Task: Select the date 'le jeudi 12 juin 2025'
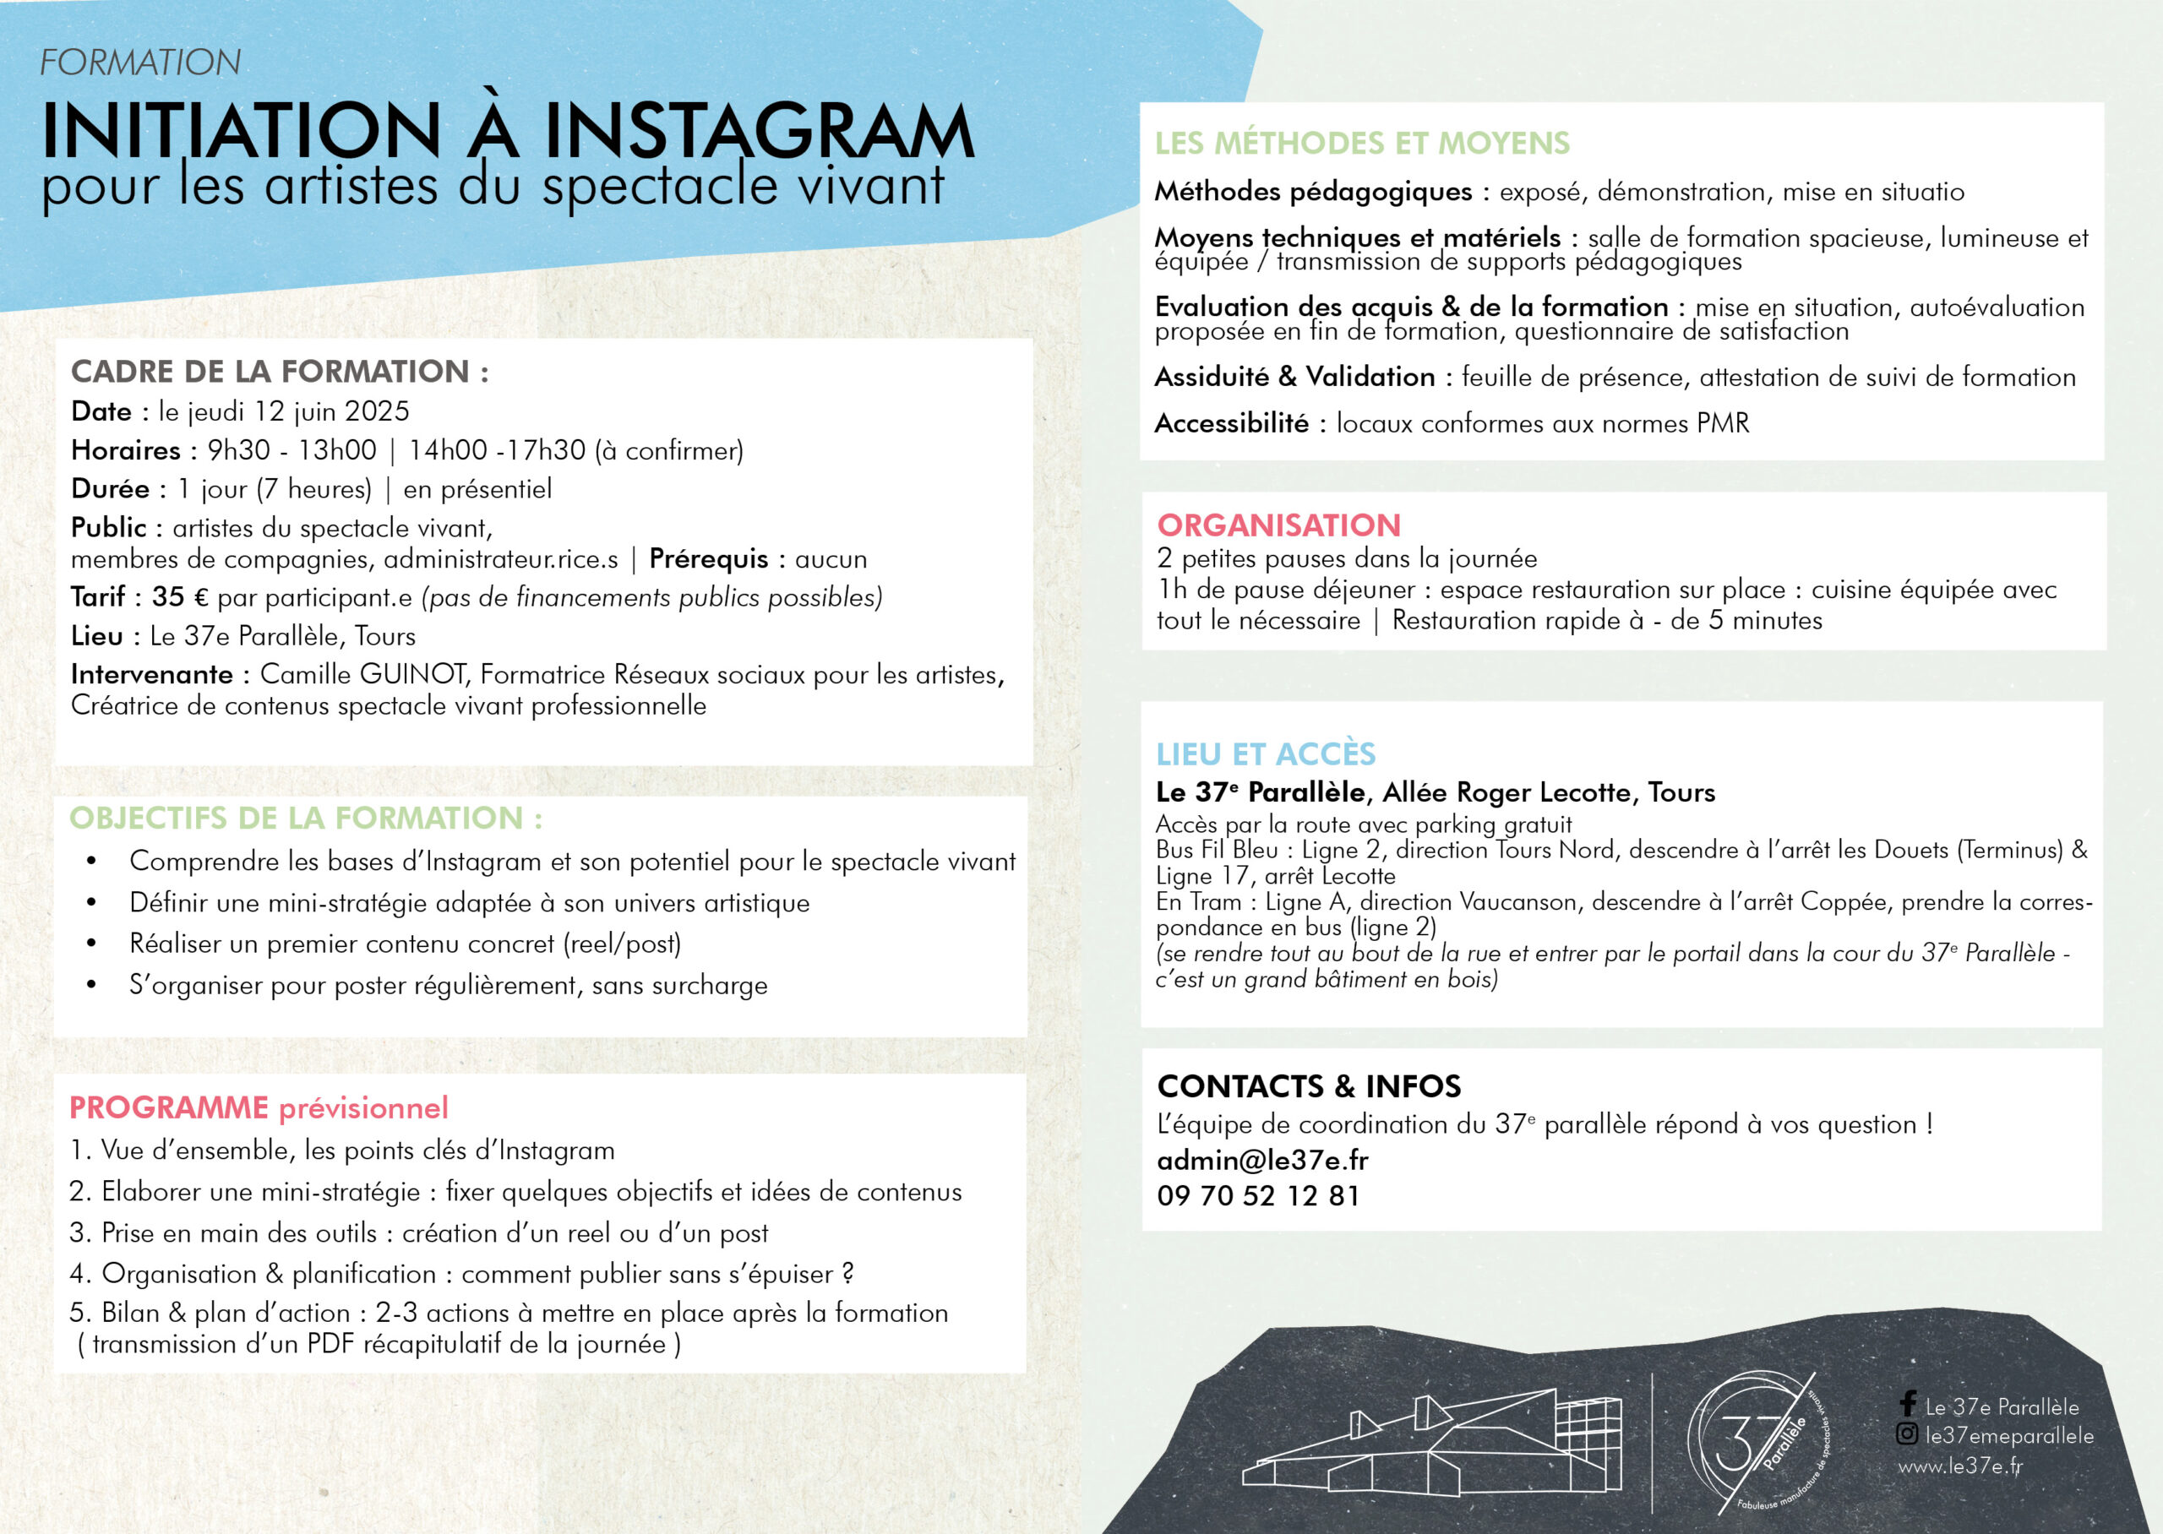pyautogui.click(x=284, y=412)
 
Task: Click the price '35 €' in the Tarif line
pyautogui.click(x=181, y=597)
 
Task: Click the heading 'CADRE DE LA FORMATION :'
pyautogui.click(x=280, y=371)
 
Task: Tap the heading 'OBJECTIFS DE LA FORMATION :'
pyautogui.click(x=306, y=818)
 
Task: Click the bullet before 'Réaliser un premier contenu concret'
pyautogui.click(x=91, y=944)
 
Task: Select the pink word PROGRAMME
pyautogui.click(x=169, y=1107)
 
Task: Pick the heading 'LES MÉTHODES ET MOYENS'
pyautogui.click(x=1361, y=144)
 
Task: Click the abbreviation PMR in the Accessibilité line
pyautogui.click(x=1723, y=423)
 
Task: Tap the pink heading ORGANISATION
pyautogui.click(x=1279, y=525)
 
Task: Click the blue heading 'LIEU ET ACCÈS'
pyautogui.click(x=1266, y=753)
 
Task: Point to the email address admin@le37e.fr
pyautogui.click(x=1262, y=1160)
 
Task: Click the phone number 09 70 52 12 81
pyautogui.click(x=1258, y=1196)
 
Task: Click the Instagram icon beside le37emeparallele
pyautogui.click(x=1907, y=1435)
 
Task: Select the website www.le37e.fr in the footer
pyautogui.click(x=1960, y=1466)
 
